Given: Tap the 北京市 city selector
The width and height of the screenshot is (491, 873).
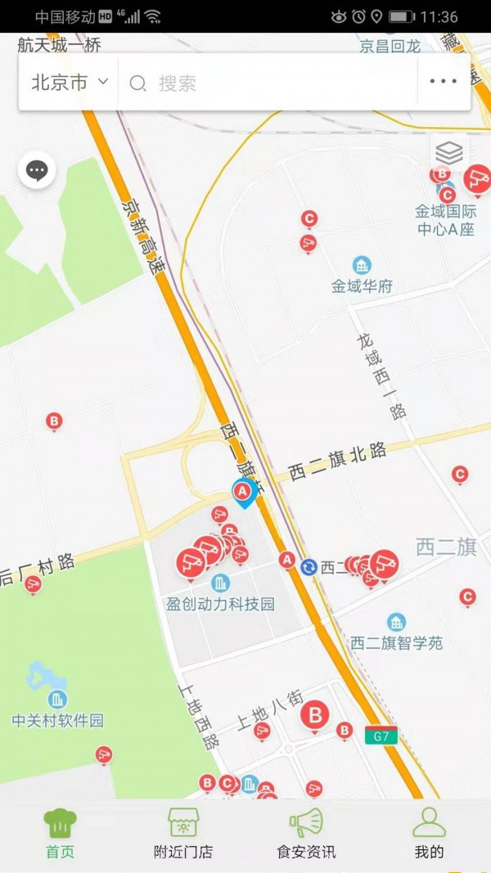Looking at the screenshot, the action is [70, 83].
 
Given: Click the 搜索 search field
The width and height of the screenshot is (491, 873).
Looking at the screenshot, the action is [270, 83].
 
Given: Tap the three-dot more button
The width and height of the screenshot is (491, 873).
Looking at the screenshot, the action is [443, 82].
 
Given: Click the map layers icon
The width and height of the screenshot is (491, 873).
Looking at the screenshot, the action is [449, 153].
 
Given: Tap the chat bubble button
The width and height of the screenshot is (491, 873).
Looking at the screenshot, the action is [37, 171].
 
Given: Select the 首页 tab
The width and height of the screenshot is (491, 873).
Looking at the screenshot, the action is [60, 834].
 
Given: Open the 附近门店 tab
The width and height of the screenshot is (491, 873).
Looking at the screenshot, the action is [183, 834].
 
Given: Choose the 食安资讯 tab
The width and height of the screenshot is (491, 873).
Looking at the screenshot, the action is [306, 834].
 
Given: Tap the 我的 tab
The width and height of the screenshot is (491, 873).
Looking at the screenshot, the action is [429, 834].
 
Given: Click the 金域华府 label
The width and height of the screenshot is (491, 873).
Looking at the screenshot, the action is [362, 286].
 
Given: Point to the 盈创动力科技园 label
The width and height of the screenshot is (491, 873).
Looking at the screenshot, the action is [220, 605].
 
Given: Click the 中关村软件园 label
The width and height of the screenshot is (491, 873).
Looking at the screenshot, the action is [57, 721].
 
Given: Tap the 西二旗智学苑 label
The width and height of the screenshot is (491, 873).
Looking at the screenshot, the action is [396, 643].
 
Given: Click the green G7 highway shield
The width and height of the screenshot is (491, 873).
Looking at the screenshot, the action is [381, 736].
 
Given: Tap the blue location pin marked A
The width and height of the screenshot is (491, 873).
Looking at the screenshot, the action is [243, 493].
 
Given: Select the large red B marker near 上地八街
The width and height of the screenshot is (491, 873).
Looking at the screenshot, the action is [315, 715].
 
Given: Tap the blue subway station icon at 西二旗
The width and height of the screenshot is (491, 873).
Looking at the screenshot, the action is [309, 567].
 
